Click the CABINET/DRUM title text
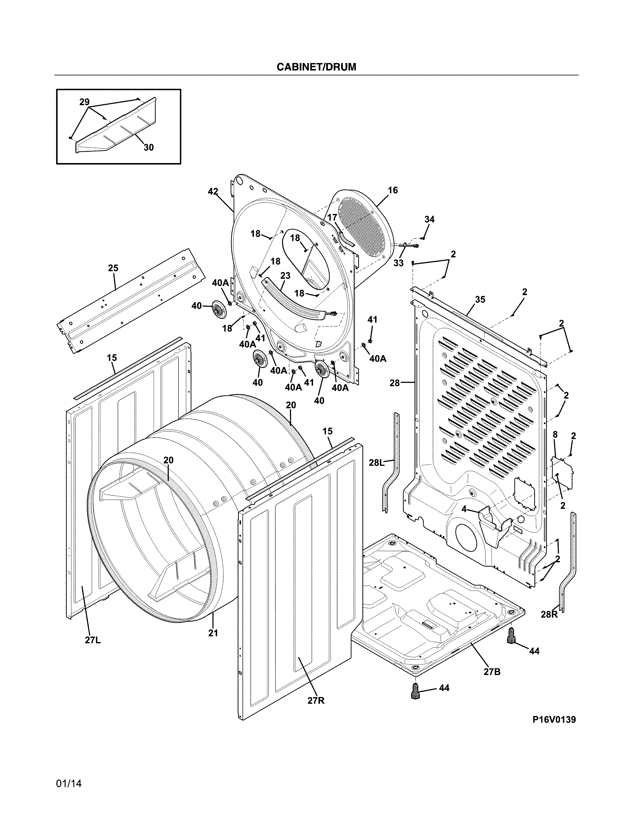pyautogui.click(x=316, y=67)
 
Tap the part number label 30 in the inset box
pyautogui.click(x=148, y=148)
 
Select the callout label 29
pyautogui.click(x=84, y=102)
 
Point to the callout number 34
pyautogui.click(x=429, y=219)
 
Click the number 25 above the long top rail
pyautogui.click(x=113, y=268)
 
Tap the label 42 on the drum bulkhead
pyautogui.click(x=213, y=192)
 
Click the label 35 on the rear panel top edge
pyautogui.click(x=480, y=299)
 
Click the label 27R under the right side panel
pyautogui.click(x=316, y=700)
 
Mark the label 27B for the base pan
pyautogui.click(x=492, y=672)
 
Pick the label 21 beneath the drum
pyautogui.click(x=213, y=633)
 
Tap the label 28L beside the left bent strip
pyautogui.click(x=377, y=463)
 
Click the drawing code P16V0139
pyautogui.click(x=554, y=720)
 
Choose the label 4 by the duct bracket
pyautogui.click(x=464, y=509)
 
